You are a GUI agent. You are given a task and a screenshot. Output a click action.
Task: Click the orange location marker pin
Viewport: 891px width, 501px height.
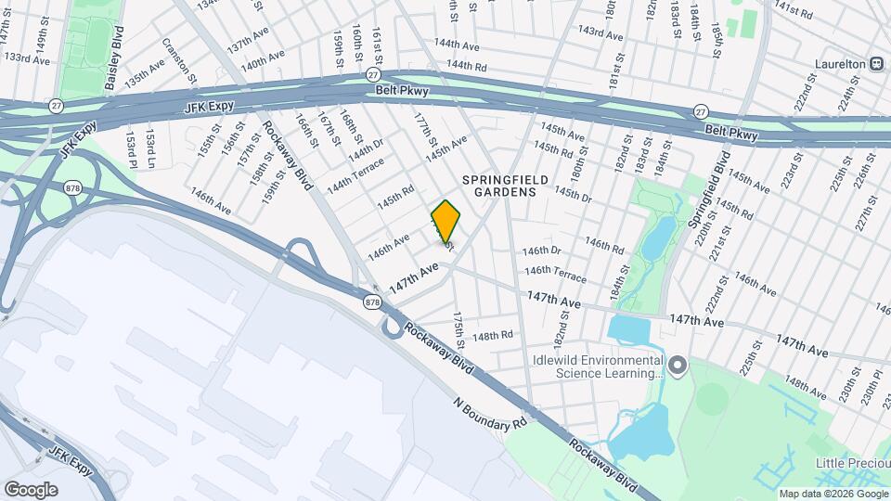click(446, 222)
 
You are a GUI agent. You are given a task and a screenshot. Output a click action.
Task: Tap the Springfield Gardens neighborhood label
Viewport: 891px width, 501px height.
click(501, 185)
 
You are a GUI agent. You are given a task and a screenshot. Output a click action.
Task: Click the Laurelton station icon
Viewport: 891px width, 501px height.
click(875, 63)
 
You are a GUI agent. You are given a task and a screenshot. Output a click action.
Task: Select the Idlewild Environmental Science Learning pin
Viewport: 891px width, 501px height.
click(678, 366)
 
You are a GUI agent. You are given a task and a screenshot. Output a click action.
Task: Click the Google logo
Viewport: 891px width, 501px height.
click(31, 489)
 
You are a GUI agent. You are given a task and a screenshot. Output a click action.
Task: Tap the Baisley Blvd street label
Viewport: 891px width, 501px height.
click(114, 66)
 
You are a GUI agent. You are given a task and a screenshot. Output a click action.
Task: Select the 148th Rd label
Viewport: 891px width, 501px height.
click(493, 335)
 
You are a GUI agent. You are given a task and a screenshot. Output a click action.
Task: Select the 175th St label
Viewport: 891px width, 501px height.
click(458, 330)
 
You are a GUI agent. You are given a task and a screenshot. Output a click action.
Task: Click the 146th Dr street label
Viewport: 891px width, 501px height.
click(542, 250)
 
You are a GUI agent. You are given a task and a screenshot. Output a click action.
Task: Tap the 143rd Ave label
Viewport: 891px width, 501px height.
click(600, 32)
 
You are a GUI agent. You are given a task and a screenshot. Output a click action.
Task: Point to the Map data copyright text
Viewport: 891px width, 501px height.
click(833, 493)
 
